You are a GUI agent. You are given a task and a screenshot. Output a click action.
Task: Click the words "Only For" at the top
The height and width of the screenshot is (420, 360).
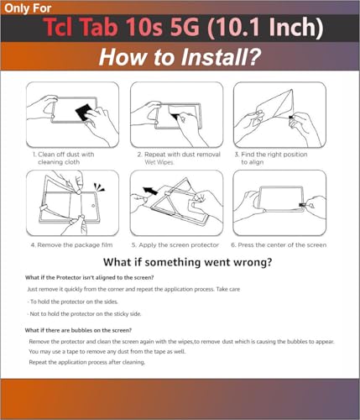pos(28,8)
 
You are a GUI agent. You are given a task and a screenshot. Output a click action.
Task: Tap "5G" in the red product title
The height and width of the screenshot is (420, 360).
pos(185,27)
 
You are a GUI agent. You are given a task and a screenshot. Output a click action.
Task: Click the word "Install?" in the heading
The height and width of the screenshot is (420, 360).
pos(221,57)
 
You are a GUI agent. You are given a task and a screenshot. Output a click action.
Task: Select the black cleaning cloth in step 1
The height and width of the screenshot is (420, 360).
pos(84,112)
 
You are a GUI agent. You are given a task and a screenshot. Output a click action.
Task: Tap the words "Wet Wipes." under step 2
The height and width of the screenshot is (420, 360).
pos(159,162)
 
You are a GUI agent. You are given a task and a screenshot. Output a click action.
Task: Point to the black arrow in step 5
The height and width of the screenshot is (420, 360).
pos(150,191)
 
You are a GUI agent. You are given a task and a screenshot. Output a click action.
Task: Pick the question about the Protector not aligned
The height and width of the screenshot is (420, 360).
pos(90,278)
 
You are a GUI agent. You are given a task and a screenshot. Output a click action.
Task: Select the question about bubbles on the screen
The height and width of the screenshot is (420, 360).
pos(78,330)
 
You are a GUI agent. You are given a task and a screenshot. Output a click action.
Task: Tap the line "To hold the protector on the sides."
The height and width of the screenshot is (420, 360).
pos(73,302)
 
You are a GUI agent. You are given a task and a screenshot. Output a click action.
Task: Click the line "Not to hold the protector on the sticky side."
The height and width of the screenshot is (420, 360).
pos(84,314)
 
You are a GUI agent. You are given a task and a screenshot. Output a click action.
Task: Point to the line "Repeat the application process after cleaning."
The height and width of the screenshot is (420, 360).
pos(87,362)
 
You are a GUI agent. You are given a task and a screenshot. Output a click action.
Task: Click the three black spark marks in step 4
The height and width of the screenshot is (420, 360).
pos(99,187)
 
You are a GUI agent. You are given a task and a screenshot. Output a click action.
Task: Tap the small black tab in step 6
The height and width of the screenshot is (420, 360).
pos(302,205)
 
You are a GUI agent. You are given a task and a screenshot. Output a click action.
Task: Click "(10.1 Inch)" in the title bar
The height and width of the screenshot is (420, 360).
pos(265,28)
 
